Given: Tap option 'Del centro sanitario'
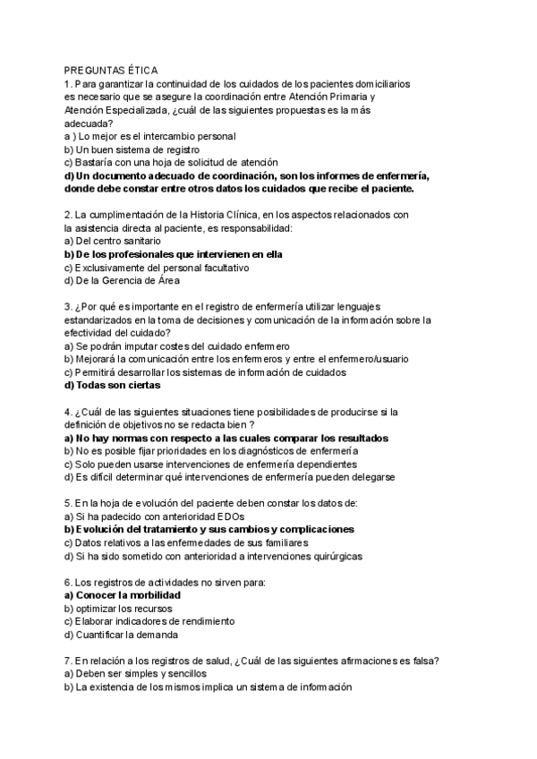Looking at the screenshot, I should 113,241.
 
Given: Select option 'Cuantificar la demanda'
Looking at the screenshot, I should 121,635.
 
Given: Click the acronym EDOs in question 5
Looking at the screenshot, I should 227,516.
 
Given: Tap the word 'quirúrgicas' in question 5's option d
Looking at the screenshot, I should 334,556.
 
